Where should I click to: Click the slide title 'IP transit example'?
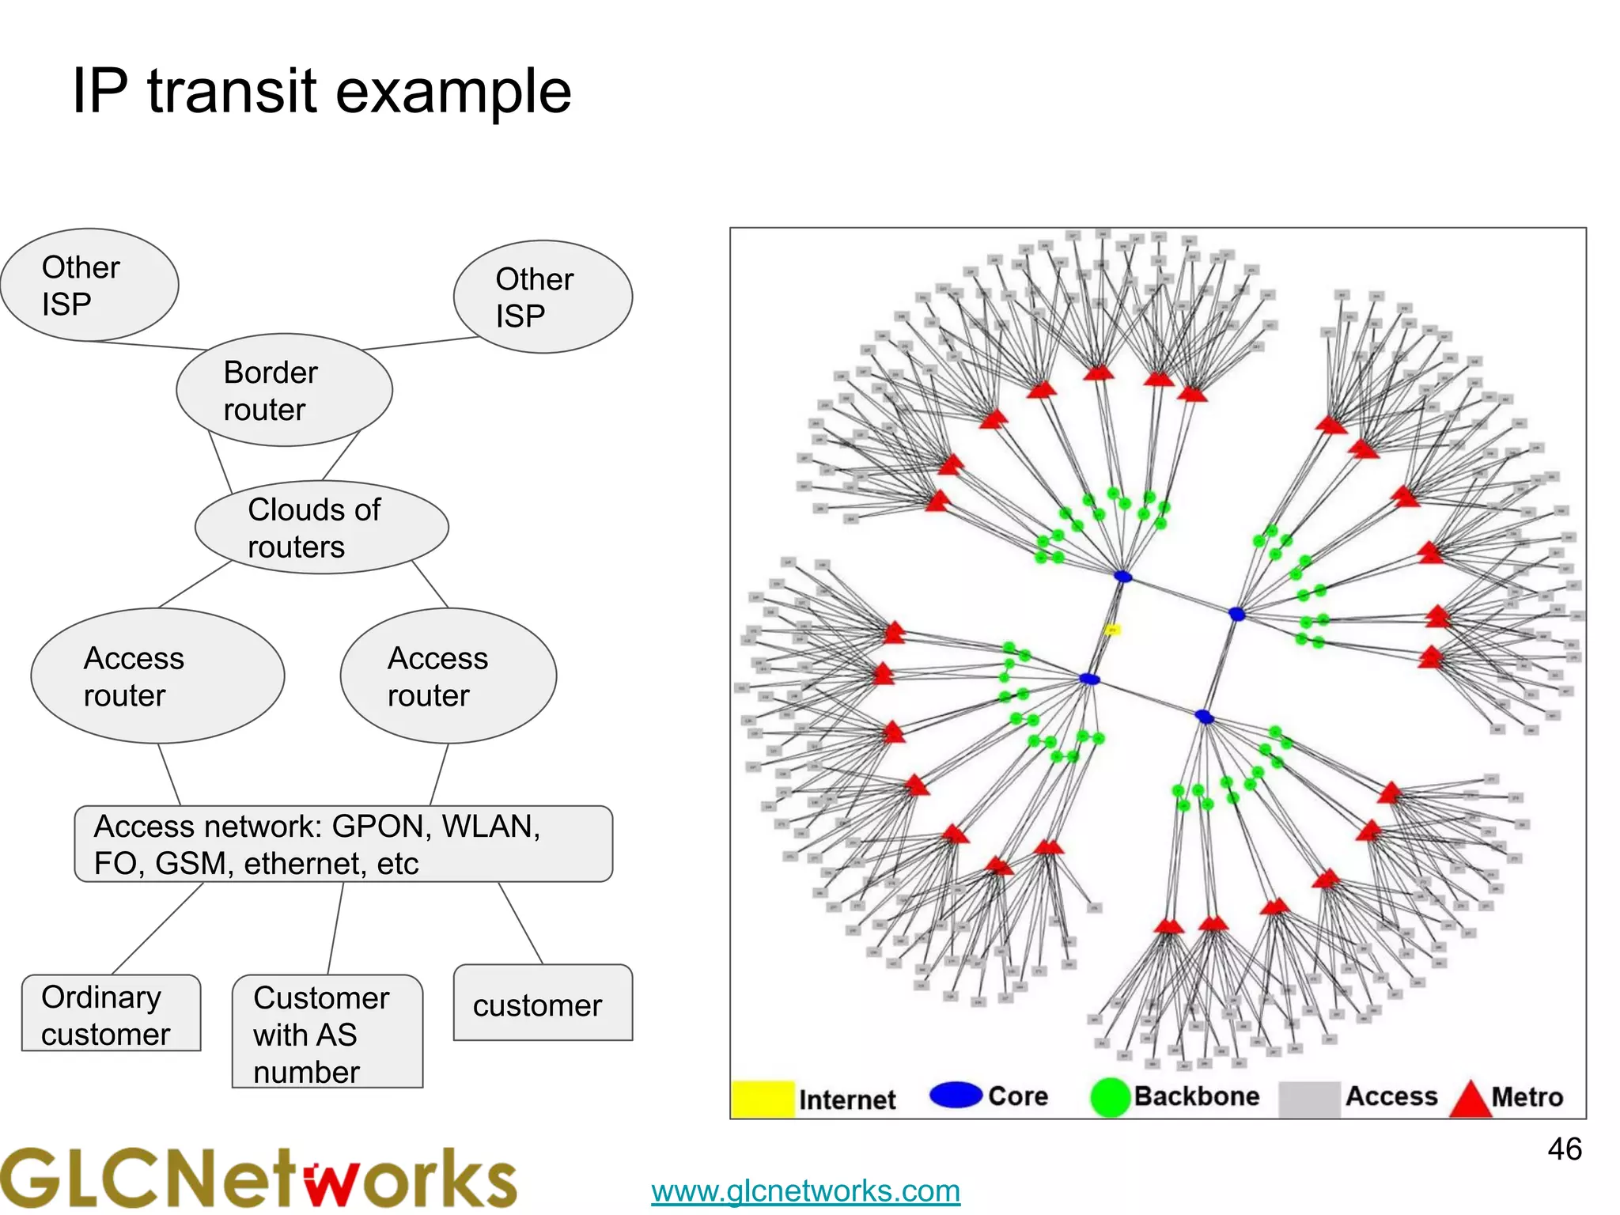click(321, 92)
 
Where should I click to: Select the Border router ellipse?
click(284, 390)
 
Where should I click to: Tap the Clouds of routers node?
click(321, 528)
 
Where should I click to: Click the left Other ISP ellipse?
click(89, 286)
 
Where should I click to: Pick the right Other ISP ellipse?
click(543, 297)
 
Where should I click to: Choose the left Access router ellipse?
click(157, 676)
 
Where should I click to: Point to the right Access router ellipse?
click(449, 676)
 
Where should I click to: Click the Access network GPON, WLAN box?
click(343, 844)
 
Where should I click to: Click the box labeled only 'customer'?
click(543, 1003)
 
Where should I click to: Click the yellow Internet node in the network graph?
click(1112, 630)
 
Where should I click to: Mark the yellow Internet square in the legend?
click(763, 1099)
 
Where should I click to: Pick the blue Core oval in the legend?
click(956, 1095)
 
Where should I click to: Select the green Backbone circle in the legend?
click(1110, 1098)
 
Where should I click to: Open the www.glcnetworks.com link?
click(805, 1190)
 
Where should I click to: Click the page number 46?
click(1564, 1149)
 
